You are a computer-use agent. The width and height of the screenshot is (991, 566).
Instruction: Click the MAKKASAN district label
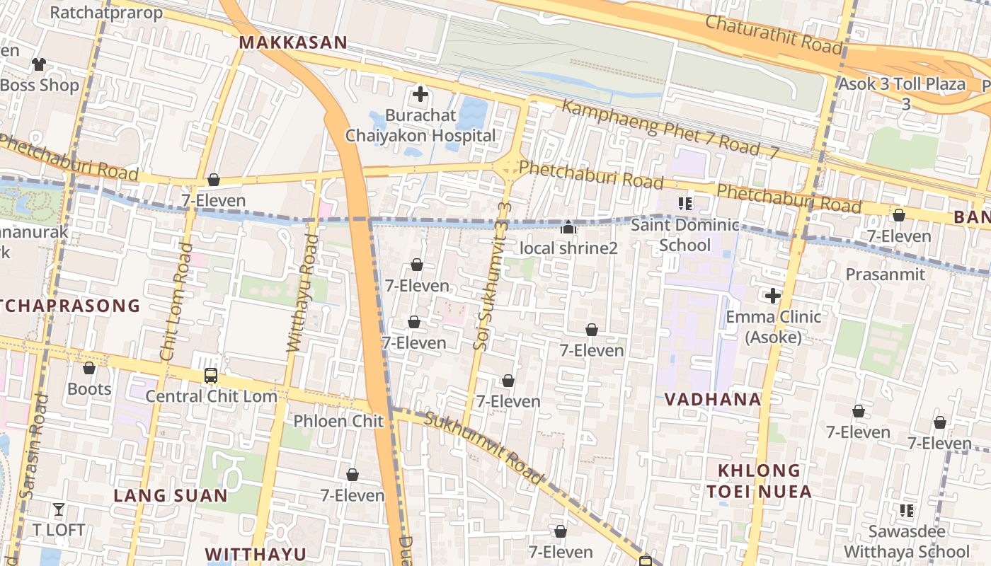click(293, 42)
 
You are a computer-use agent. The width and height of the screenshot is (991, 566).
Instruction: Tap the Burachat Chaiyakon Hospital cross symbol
click(420, 93)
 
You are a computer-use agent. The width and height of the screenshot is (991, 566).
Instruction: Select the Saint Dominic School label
click(684, 235)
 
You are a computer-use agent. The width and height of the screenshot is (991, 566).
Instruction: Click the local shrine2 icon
click(568, 228)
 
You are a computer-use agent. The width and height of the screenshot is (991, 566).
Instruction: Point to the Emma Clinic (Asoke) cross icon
click(772, 295)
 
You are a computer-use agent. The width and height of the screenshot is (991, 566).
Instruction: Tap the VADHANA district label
click(712, 399)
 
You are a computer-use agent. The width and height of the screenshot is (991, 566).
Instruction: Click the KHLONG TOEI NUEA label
click(759, 481)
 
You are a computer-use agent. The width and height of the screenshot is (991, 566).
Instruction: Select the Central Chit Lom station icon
click(210, 375)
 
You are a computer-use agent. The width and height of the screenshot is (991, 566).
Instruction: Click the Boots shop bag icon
click(89, 368)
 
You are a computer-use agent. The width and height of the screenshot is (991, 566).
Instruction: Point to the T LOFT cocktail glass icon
click(59, 509)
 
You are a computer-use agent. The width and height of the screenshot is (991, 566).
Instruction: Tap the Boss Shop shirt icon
click(38, 64)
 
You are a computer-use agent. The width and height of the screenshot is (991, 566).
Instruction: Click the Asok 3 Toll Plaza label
click(902, 84)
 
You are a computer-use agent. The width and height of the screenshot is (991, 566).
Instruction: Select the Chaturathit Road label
click(774, 33)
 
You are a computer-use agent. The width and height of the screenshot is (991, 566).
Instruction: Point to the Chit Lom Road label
click(176, 302)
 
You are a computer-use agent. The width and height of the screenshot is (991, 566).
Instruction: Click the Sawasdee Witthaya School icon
click(906, 510)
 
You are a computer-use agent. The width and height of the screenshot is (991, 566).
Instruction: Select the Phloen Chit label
click(338, 421)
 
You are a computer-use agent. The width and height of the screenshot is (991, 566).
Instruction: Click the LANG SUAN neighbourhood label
click(171, 495)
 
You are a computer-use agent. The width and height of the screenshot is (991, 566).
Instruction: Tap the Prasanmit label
click(886, 274)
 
